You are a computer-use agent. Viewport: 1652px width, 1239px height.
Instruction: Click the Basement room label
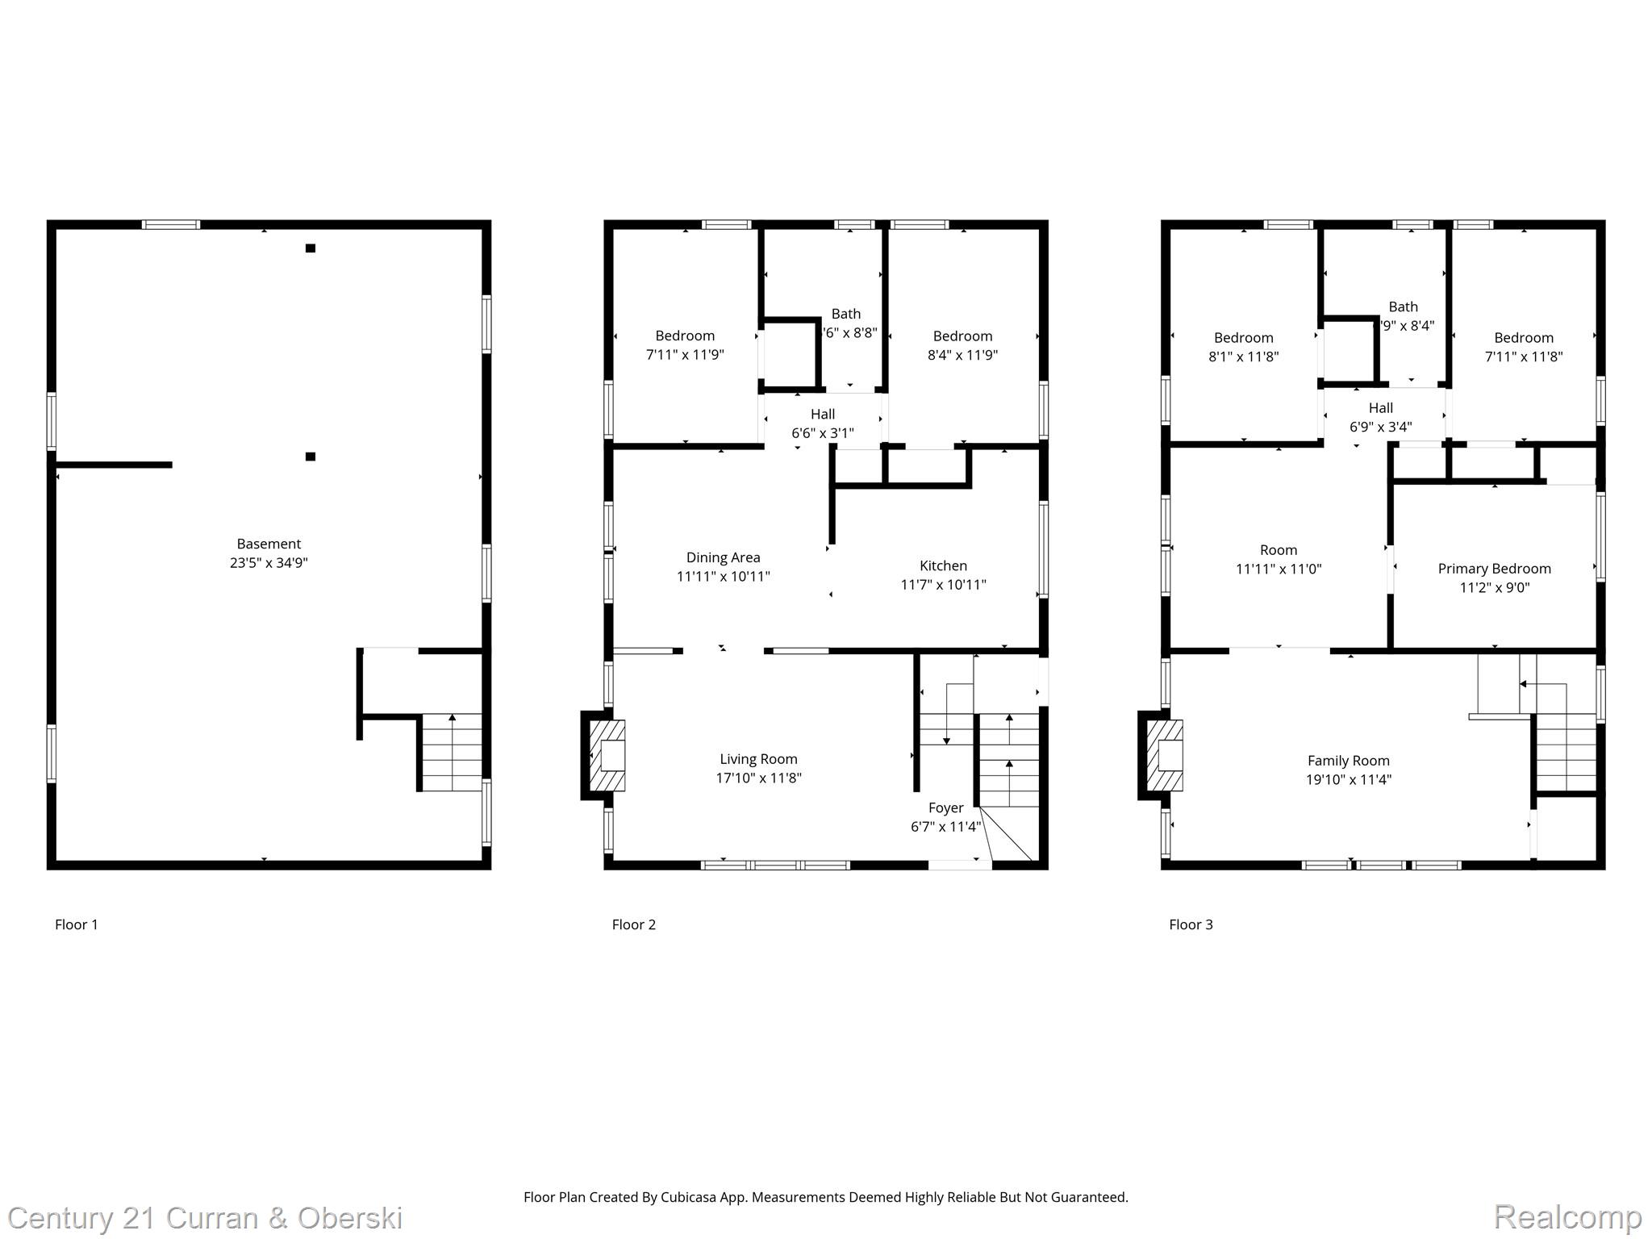tap(269, 544)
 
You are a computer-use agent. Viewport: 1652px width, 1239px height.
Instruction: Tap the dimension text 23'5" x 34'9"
tap(269, 563)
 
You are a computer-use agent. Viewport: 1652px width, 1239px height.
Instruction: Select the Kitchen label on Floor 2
tap(943, 565)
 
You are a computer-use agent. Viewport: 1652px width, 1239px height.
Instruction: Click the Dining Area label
tap(723, 557)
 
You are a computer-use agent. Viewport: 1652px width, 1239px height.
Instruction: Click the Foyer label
tap(945, 807)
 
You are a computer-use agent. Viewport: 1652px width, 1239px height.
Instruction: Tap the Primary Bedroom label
tap(1494, 569)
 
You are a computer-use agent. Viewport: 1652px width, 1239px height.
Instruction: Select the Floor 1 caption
tap(77, 924)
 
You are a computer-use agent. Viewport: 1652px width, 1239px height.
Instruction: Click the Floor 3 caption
tap(1191, 924)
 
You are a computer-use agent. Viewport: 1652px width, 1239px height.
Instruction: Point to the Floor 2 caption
tap(633, 924)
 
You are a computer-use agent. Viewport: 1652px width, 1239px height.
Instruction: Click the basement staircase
tap(453, 752)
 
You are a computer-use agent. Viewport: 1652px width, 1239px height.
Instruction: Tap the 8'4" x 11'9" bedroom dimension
tap(962, 355)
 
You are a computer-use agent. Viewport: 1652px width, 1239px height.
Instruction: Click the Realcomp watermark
tap(1567, 1216)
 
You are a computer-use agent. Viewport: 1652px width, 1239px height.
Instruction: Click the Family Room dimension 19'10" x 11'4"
tap(1349, 780)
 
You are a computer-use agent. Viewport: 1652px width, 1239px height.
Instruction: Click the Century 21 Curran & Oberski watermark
tap(205, 1218)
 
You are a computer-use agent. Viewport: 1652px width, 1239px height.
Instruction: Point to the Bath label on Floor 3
tap(1403, 307)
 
